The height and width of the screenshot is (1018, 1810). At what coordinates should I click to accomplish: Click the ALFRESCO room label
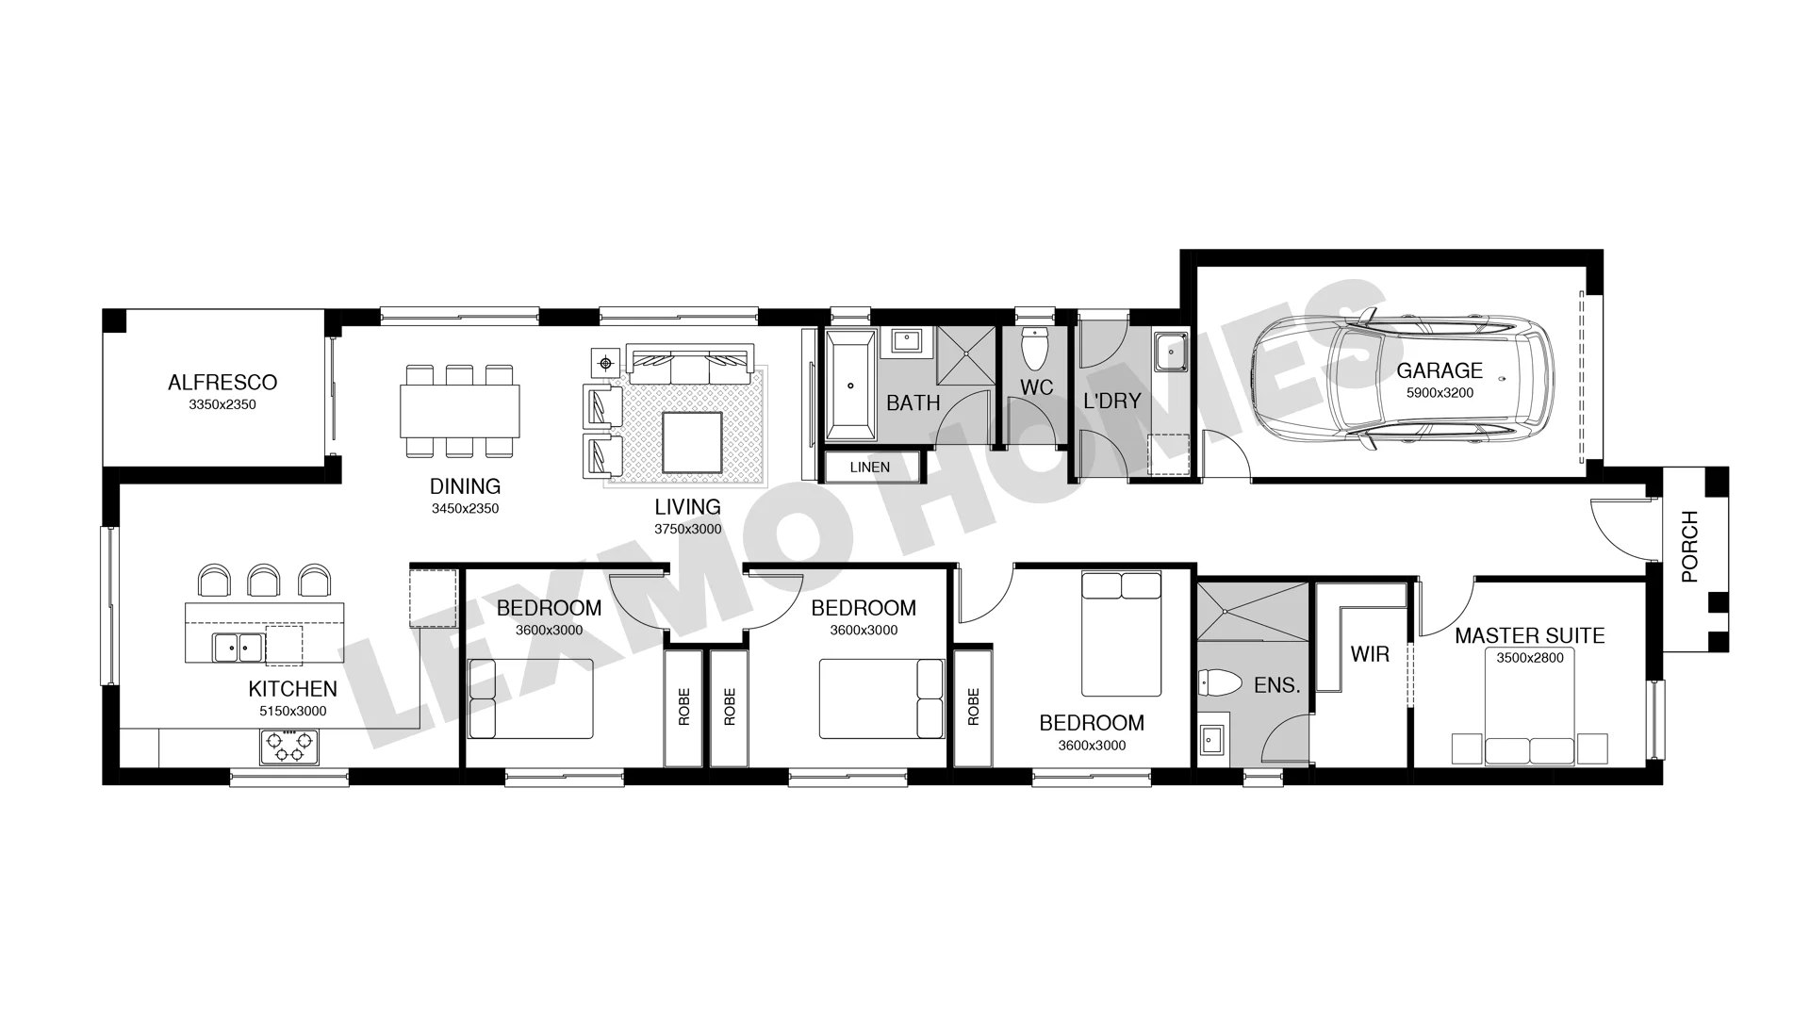[x=222, y=383]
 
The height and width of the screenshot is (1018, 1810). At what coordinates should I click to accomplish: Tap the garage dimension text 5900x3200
[x=1440, y=393]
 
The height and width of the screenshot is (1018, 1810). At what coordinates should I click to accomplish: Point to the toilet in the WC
[x=1035, y=349]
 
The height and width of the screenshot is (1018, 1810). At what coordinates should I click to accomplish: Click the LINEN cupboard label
[x=869, y=468]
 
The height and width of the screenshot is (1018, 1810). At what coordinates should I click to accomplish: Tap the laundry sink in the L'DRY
[x=1171, y=352]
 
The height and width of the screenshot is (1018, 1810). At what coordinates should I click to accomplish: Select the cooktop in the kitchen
[x=289, y=747]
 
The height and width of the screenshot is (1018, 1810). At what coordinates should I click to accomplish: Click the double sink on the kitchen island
[x=238, y=648]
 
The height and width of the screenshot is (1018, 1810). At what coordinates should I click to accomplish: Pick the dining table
[x=461, y=411]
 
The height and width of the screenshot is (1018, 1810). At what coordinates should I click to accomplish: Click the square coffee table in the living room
[x=692, y=443]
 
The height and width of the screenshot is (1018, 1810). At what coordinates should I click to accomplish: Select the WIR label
[x=1370, y=654]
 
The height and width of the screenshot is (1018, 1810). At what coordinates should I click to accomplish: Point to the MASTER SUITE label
[x=1529, y=636]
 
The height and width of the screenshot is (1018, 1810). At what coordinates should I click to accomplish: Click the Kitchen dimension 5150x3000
[x=293, y=712]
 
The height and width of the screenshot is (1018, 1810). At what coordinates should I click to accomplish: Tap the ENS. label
[x=1277, y=686]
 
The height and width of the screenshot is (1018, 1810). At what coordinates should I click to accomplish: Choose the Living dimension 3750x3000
[x=688, y=530]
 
